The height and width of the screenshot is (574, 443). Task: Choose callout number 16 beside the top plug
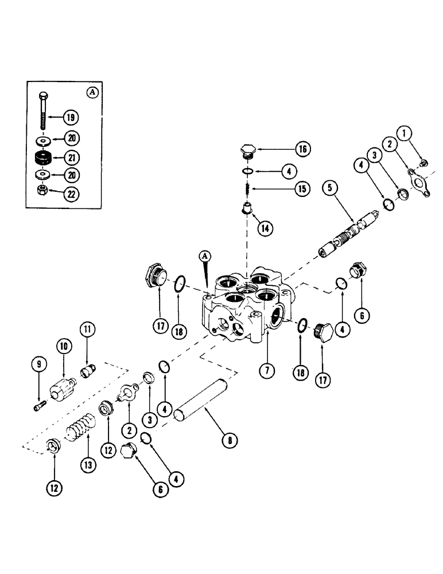(303, 149)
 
